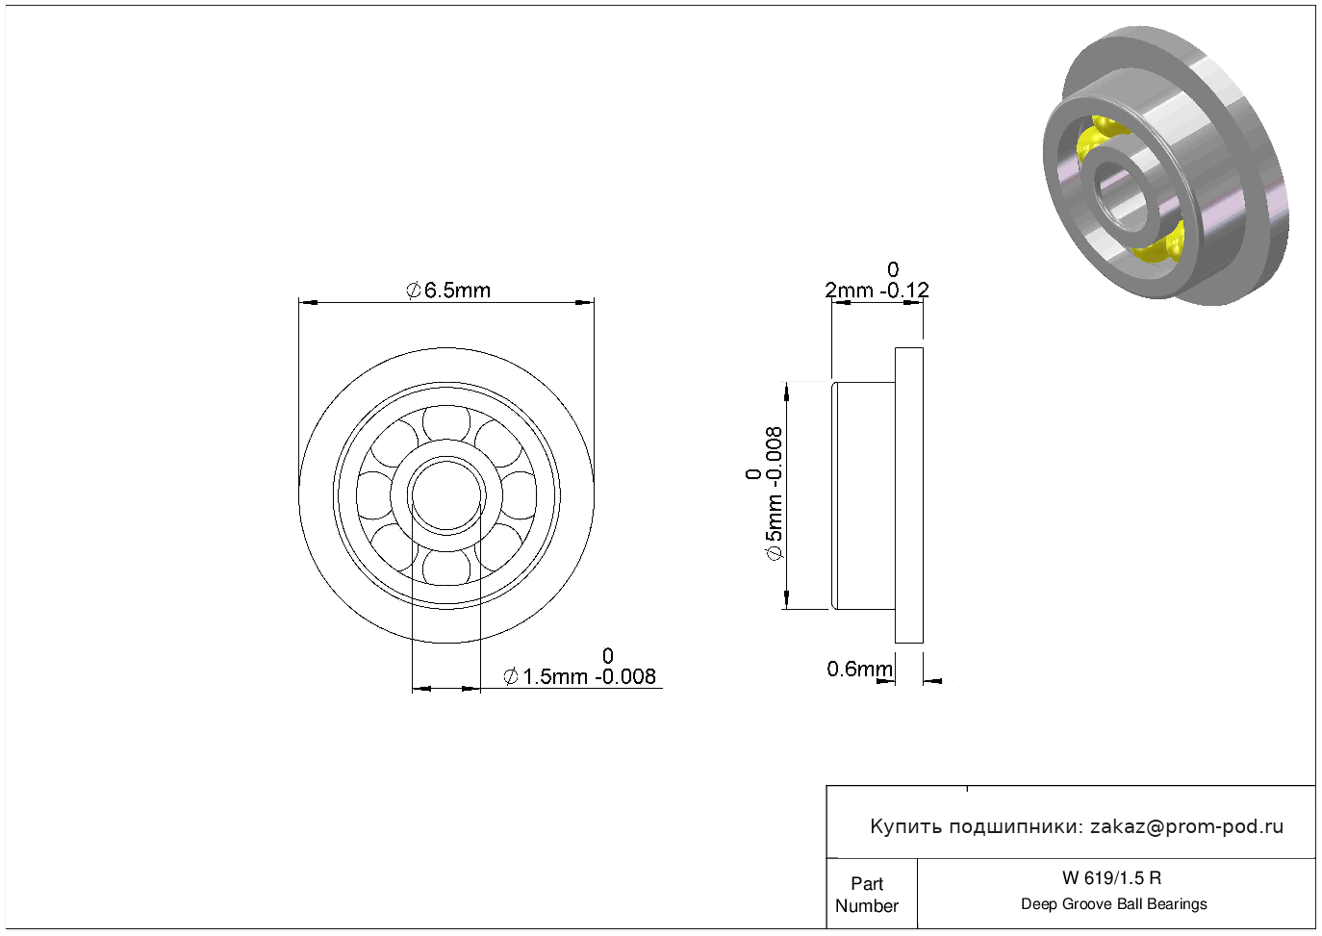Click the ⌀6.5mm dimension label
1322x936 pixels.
click(448, 291)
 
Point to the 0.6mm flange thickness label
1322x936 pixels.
click(859, 669)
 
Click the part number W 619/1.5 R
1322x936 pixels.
click(1112, 877)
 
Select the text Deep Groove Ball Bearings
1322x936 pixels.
click(1113, 903)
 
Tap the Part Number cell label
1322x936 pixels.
click(866, 894)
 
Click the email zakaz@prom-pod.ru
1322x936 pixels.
click(1186, 826)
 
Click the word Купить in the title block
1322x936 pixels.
click(905, 827)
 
